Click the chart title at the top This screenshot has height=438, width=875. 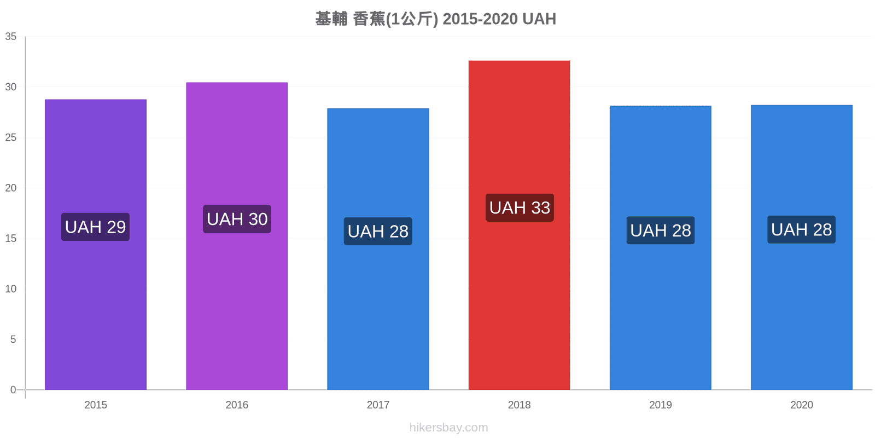(x=435, y=19)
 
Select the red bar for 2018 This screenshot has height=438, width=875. (x=519, y=225)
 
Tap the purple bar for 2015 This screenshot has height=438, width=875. (x=96, y=244)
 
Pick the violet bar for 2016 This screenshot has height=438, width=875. (x=237, y=236)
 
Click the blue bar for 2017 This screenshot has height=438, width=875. (x=378, y=249)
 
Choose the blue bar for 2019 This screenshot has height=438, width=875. (x=661, y=247)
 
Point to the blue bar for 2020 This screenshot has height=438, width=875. (x=802, y=247)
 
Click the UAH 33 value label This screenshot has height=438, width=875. (x=520, y=208)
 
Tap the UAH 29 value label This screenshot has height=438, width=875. (x=95, y=227)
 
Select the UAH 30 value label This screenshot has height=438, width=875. (x=237, y=219)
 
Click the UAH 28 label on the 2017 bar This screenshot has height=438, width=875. (x=378, y=231)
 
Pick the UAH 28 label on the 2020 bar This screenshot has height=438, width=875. (x=802, y=229)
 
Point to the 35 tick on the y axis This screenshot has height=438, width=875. (x=11, y=36)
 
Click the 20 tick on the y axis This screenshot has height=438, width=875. (x=11, y=188)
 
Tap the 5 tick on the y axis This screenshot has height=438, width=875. (x=13, y=339)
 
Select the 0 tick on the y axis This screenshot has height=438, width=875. (x=13, y=390)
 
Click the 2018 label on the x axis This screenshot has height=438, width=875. (x=519, y=405)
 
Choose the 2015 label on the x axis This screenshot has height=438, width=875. (x=96, y=405)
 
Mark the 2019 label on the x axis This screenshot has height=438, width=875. (x=661, y=405)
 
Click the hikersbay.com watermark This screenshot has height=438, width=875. (x=449, y=428)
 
